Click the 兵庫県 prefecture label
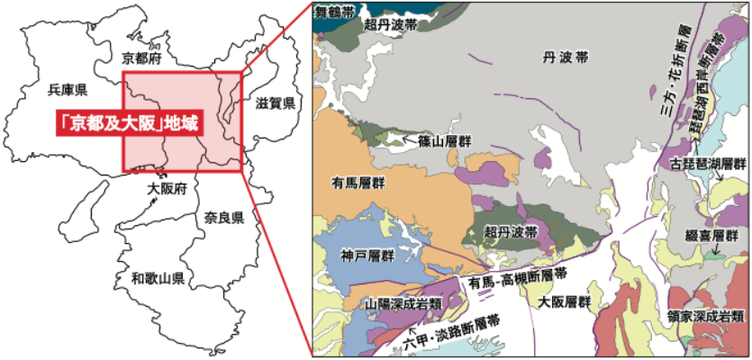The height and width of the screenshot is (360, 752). [68, 89]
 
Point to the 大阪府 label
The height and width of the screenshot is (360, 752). [167, 189]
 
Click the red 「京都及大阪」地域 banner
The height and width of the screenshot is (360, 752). [126, 122]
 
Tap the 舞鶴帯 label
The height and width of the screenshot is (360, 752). [334, 13]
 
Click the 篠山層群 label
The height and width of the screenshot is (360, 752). [444, 141]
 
